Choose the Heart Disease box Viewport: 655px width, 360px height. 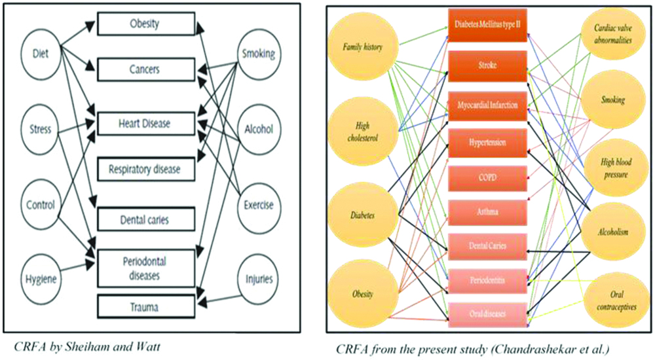pyautogui.click(x=146, y=122)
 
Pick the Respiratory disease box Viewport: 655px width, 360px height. pyautogui.click(x=146, y=169)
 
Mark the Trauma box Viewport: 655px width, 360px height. pyautogui.click(x=146, y=306)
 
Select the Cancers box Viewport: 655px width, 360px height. pyautogui.click(x=146, y=69)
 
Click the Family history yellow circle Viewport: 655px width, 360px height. pyautogui.click(x=362, y=46)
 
